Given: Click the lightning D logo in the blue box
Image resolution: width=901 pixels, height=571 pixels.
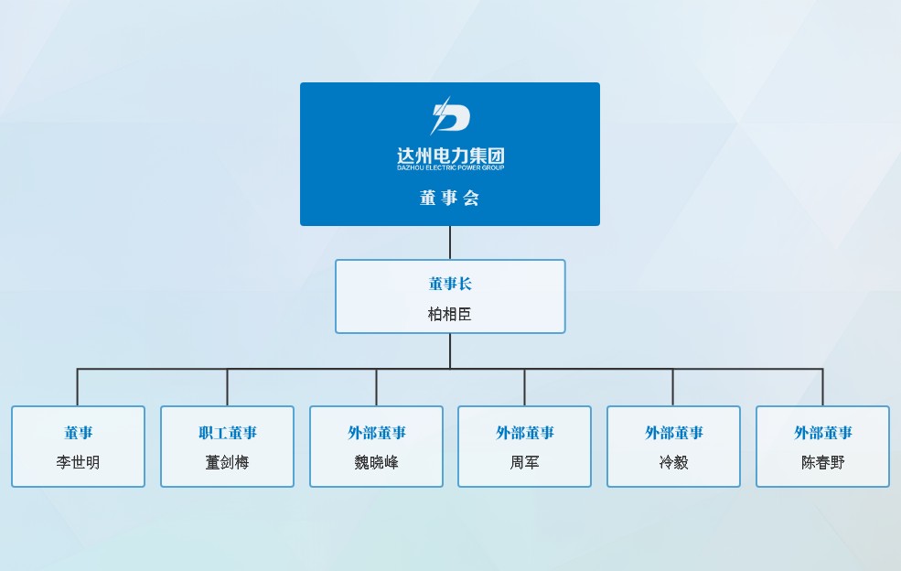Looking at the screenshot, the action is click(x=450, y=115).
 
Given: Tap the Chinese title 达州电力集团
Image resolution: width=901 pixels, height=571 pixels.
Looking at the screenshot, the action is click(x=450, y=156).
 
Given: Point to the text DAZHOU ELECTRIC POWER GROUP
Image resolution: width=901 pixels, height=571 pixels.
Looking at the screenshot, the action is click(x=450, y=167).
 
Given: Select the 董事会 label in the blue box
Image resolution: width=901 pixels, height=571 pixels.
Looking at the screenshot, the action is click(x=449, y=198).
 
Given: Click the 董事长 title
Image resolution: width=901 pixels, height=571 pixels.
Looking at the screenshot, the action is click(x=450, y=284).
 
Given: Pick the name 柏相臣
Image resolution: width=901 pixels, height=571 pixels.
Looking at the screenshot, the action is click(x=450, y=314).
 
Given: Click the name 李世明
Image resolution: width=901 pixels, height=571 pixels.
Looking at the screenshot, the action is click(x=78, y=462).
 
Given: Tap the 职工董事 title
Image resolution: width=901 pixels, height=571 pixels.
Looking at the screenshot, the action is click(x=228, y=433).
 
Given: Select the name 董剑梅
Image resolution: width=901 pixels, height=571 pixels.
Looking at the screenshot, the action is click(x=228, y=462).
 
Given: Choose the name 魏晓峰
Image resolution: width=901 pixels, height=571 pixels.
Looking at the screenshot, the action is click(x=376, y=462).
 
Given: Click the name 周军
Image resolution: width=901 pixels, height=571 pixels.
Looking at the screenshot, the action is click(x=525, y=462).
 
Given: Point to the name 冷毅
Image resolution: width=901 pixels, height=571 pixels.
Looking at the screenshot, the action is click(x=673, y=462).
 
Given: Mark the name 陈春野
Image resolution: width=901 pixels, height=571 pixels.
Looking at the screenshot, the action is click(x=823, y=462).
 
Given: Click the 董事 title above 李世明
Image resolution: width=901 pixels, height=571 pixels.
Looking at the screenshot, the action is click(x=78, y=433).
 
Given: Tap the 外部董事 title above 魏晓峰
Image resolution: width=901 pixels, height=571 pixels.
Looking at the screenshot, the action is click(x=376, y=433).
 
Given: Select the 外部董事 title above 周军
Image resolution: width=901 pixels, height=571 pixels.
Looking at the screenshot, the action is click(x=525, y=433).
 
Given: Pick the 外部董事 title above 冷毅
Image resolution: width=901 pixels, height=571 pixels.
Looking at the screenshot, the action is click(x=673, y=433).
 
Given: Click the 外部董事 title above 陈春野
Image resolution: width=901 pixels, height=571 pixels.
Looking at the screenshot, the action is click(x=823, y=433).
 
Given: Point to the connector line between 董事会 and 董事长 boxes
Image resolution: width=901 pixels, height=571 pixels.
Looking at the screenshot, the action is click(x=450, y=242).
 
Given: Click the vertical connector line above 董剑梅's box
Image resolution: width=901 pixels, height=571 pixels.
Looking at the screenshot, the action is click(x=227, y=387).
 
